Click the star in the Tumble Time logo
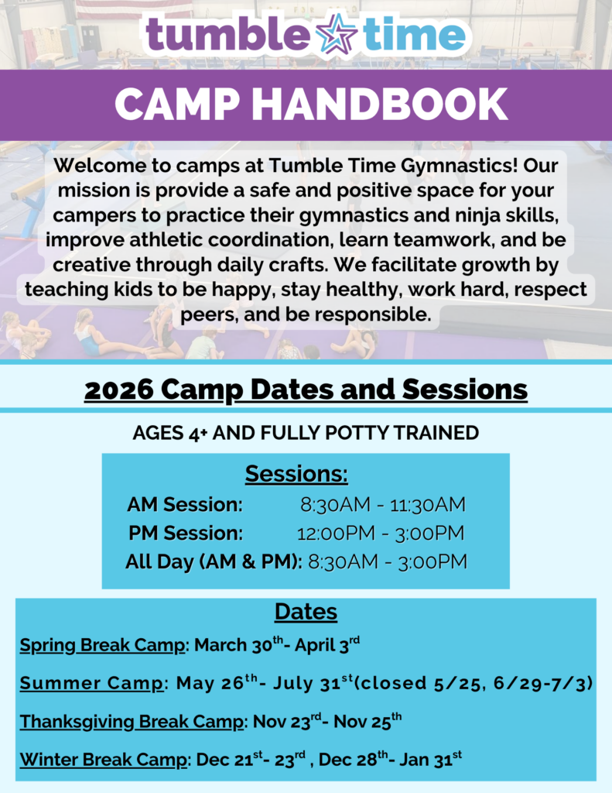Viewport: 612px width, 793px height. coord(336,34)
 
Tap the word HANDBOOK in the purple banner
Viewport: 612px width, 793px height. coord(380,105)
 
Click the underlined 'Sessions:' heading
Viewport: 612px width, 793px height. coord(296,475)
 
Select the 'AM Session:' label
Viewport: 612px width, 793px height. coord(185,504)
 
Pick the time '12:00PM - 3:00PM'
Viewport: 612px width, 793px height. coord(381,533)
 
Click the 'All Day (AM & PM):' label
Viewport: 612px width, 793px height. coord(214,562)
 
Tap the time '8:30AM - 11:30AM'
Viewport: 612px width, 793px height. coord(382,504)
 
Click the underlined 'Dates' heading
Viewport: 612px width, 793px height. coord(306,612)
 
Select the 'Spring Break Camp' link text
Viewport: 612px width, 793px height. coord(103,645)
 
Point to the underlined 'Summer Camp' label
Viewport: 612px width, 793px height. coord(91,683)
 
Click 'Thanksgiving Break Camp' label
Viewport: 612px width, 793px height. coord(132,722)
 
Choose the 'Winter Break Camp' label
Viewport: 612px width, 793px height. coord(103,759)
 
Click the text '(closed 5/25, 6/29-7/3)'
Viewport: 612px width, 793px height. coord(473,683)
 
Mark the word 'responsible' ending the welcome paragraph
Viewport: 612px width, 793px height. coord(373,314)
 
